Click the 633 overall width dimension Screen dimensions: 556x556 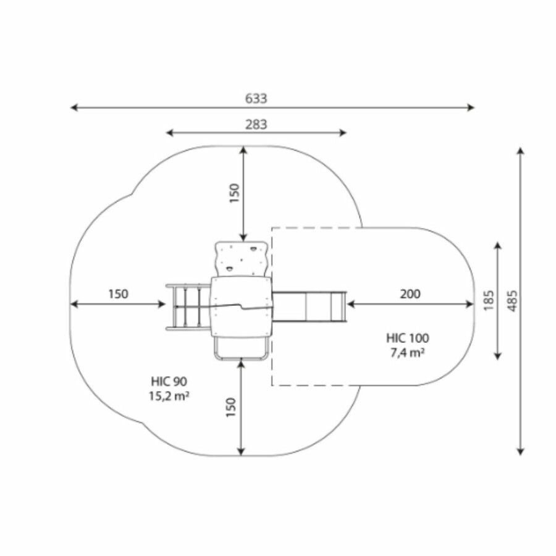pyautogui.click(x=256, y=99)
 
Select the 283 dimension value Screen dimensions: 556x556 pyautogui.click(x=256, y=124)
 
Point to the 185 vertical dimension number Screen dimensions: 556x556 pyautogui.click(x=489, y=301)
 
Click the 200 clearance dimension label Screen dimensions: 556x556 pyautogui.click(x=410, y=294)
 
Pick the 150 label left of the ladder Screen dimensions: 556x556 pyautogui.click(x=119, y=294)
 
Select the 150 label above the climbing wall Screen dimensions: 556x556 pyautogui.click(x=234, y=193)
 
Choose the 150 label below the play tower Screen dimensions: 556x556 pyautogui.click(x=231, y=408)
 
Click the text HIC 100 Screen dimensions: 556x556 pyautogui.click(x=408, y=338)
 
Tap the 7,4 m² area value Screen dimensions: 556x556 pyautogui.click(x=408, y=353)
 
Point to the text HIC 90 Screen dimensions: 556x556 pyautogui.click(x=169, y=381)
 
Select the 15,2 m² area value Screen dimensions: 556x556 pyautogui.click(x=169, y=396)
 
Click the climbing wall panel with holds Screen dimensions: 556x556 pyautogui.click(x=241, y=259)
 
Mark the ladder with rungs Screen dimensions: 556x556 pyautogui.click(x=188, y=306)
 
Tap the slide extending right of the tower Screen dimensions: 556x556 pyautogui.click(x=310, y=306)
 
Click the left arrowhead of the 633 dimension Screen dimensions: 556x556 pyautogui.click(x=73, y=107)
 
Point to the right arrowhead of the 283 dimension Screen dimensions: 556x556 pyautogui.click(x=344, y=133)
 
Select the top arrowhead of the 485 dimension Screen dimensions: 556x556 pyautogui.click(x=520, y=150)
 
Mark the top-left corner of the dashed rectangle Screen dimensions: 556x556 pyautogui.click(x=272, y=227)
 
